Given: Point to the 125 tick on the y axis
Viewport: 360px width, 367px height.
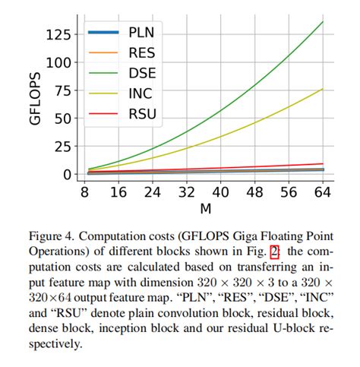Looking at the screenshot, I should [58, 34].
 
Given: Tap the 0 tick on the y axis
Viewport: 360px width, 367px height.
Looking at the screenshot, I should [67, 175].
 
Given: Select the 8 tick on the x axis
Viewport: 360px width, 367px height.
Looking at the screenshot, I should [85, 193].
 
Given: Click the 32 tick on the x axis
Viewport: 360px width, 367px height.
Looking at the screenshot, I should [187, 193].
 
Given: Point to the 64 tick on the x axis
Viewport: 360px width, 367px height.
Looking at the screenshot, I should [322, 193].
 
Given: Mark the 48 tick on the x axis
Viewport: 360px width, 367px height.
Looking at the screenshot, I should [254, 193].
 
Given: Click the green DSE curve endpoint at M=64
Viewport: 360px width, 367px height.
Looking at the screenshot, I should [322, 22].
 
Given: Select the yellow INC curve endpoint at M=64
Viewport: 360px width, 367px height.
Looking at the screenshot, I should [322, 89].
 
